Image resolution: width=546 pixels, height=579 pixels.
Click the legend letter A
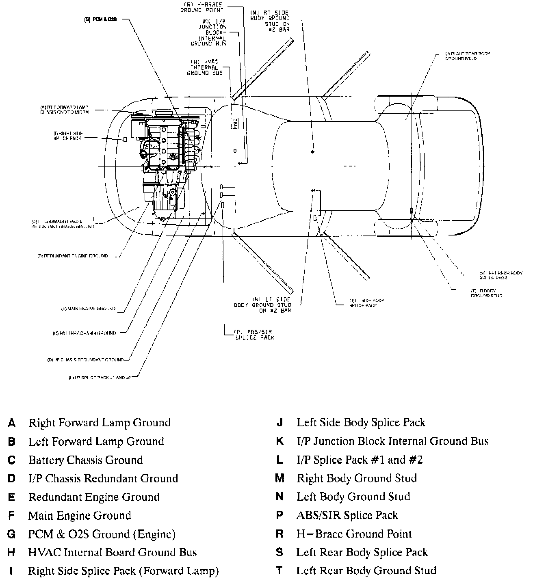(x=12, y=423)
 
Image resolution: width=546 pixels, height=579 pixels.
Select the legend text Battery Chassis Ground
(x=85, y=460)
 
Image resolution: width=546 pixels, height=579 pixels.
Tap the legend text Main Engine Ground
(x=80, y=516)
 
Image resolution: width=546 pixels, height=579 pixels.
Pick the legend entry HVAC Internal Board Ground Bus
(x=113, y=553)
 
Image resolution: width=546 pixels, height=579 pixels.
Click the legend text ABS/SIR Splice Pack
(x=347, y=515)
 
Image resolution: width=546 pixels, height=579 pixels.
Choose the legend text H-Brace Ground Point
(x=354, y=534)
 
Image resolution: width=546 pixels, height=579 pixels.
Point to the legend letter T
(x=279, y=571)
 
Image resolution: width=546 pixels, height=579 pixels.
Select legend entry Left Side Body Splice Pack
(x=361, y=423)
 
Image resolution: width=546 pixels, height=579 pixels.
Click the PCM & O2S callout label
(x=100, y=19)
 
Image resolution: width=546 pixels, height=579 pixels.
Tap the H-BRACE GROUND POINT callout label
(x=202, y=7)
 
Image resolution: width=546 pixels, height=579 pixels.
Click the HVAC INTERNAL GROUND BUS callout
(x=205, y=67)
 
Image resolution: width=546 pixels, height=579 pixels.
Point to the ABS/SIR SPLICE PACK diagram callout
(x=255, y=335)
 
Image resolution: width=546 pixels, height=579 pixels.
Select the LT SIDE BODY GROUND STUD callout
(x=263, y=305)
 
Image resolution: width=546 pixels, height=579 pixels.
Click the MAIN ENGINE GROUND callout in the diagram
(x=88, y=309)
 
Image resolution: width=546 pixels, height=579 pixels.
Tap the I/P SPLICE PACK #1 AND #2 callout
(x=100, y=378)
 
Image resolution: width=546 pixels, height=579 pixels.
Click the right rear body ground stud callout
(x=467, y=56)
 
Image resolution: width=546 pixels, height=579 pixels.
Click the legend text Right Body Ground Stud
(x=357, y=478)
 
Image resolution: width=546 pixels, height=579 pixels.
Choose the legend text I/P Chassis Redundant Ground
(x=103, y=479)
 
